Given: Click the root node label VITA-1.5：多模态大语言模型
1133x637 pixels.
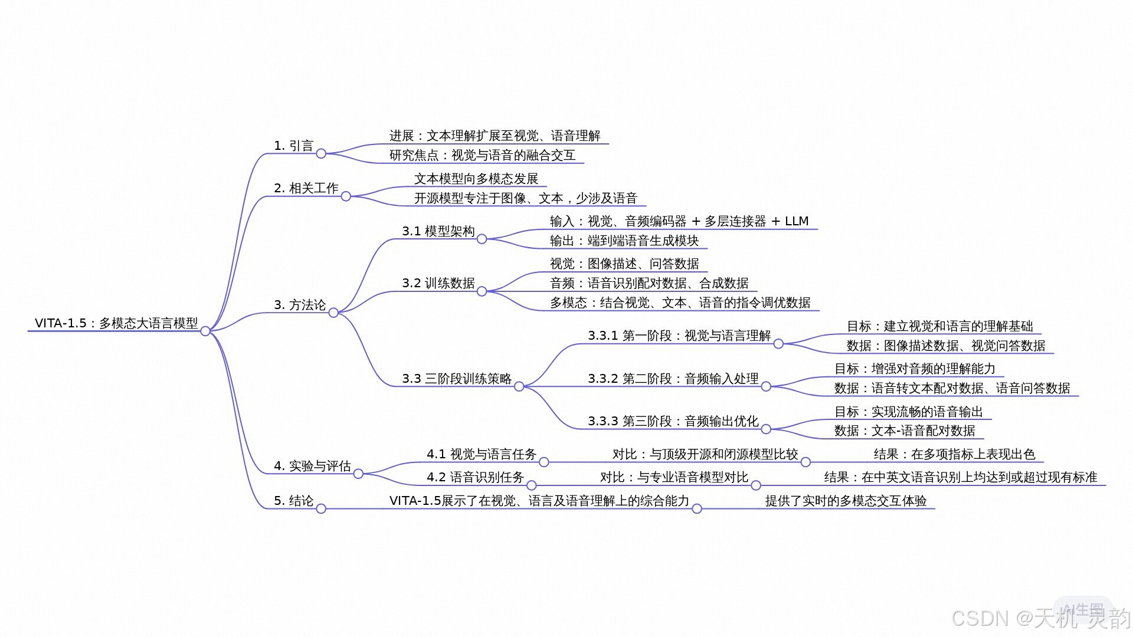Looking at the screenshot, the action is click(116, 323).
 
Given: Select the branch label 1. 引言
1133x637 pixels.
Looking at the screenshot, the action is click(293, 146).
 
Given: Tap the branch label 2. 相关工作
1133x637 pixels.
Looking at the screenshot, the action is click(306, 188).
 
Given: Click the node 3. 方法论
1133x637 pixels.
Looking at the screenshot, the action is click(300, 305).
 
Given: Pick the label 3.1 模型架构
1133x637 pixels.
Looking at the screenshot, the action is click(438, 231).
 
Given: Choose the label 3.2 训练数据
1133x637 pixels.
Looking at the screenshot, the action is click(438, 283).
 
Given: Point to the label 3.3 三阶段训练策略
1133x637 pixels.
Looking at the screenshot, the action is click(457, 379).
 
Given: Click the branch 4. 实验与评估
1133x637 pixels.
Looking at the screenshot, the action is click(312, 466).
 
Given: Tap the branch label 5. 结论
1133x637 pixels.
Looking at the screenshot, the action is click(293, 501).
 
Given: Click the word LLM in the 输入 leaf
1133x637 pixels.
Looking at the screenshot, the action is click(797, 221).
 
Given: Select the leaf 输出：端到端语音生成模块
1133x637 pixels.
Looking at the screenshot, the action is click(624, 241).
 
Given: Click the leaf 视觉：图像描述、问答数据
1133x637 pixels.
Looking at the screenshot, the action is click(624, 264).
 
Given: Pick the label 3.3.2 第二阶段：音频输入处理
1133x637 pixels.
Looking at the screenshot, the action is click(673, 379).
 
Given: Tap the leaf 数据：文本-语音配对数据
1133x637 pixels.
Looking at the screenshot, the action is click(905, 431).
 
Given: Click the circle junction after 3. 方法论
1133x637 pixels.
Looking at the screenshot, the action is click(333, 313).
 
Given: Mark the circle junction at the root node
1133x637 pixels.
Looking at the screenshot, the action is click(205, 331).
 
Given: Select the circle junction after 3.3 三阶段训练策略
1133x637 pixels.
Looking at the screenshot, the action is click(519, 386).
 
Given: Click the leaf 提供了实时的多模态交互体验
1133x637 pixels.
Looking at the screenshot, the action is click(846, 501).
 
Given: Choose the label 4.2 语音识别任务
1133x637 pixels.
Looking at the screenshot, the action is click(475, 477).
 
